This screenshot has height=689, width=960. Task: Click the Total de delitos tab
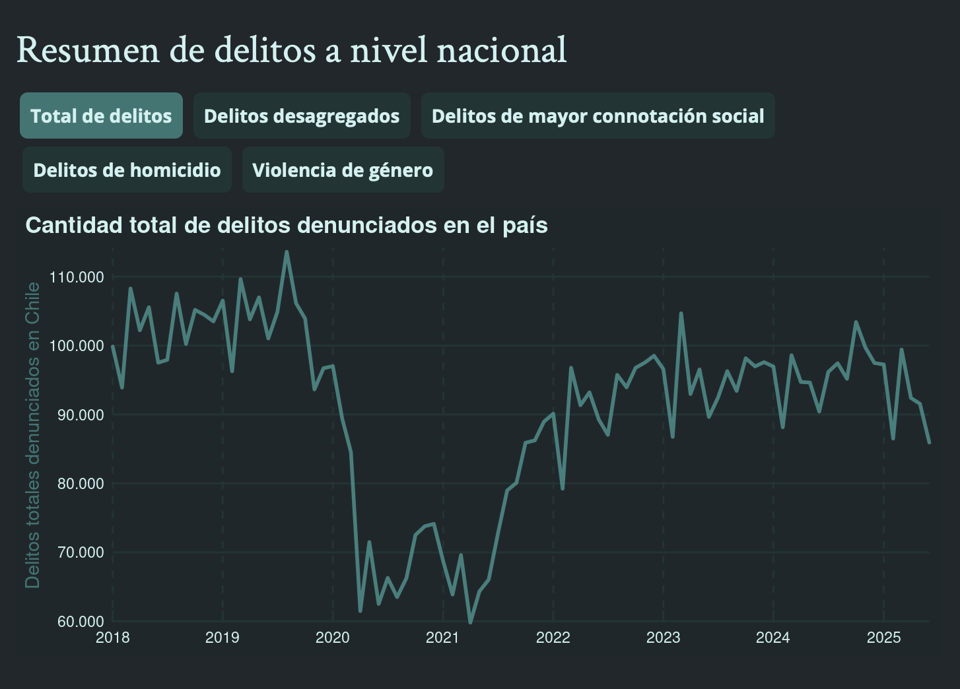(101, 116)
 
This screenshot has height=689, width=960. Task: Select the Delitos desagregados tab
(302, 116)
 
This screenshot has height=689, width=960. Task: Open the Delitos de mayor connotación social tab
(598, 116)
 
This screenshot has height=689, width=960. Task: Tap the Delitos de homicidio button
(127, 170)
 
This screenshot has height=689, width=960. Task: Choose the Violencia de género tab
(343, 170)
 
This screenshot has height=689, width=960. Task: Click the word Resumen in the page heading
(88, 50)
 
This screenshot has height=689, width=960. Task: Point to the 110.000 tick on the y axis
(77, 277)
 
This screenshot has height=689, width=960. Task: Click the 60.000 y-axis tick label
(77, 622)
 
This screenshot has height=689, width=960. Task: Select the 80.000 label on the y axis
(77, 484)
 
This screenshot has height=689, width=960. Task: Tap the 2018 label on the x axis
(113, 638)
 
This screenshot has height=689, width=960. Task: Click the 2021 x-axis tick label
(442, 638)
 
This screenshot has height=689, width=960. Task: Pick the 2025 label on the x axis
(883, 638)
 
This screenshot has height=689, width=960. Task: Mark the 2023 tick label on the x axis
(663, 638)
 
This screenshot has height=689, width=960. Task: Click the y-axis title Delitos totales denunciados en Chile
(32, 436)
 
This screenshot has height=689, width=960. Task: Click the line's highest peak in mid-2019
(286, 252)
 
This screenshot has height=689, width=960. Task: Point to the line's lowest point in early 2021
(470, 622)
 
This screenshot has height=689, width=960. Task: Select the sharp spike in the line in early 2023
(681, 313)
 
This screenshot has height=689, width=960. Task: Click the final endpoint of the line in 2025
(929, 442)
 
